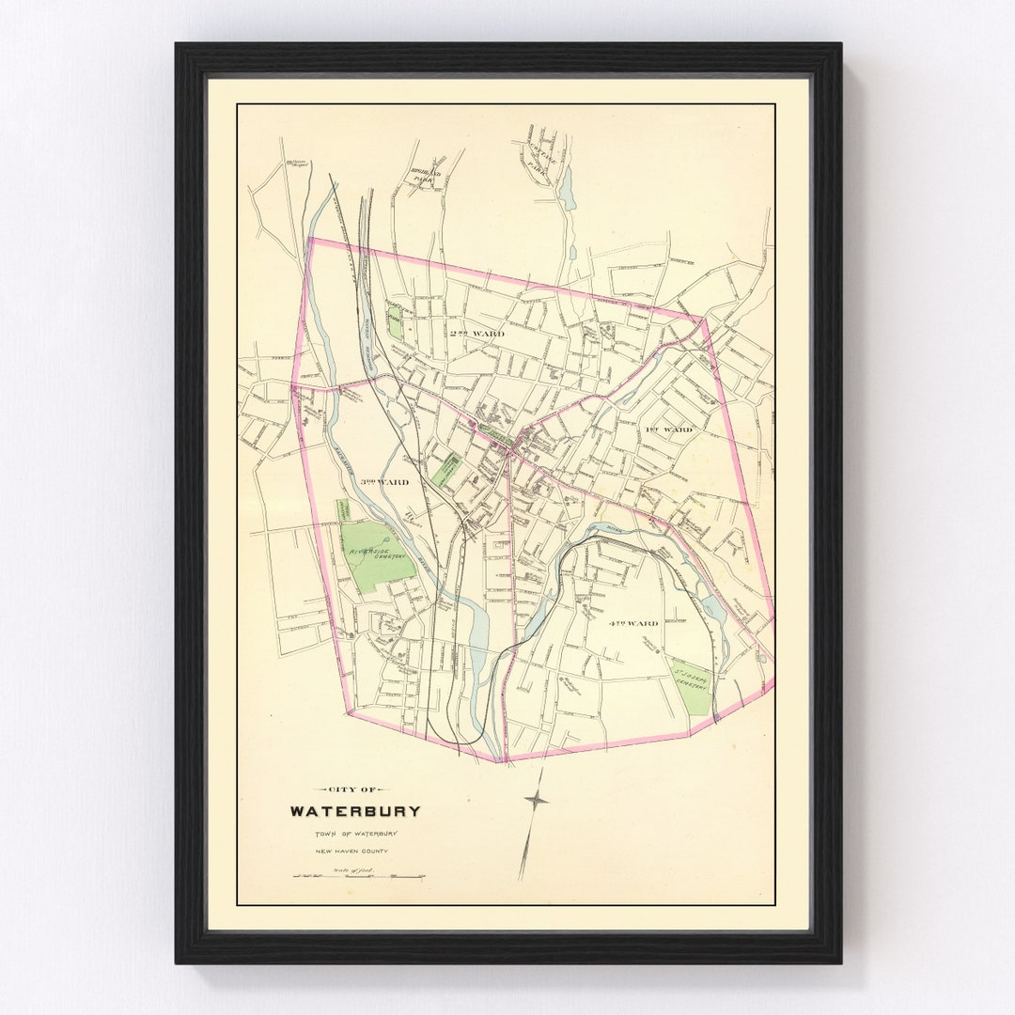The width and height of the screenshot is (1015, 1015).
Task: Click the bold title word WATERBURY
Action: point(354,811)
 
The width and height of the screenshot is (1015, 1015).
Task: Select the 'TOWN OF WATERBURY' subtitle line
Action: point(356,834)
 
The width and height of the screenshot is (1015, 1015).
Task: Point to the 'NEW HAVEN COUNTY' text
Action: point(352,851)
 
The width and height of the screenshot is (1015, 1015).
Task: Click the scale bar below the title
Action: point(358,875)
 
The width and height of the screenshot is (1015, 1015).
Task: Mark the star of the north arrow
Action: point(536,800)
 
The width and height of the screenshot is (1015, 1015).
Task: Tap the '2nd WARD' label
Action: point(476,334)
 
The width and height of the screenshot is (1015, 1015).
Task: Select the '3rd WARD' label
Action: point(384,481)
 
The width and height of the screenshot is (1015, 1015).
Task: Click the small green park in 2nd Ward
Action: point(395,321)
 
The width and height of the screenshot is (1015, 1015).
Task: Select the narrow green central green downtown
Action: point(494,434)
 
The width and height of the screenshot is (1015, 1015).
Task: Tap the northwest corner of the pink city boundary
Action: point(310,239)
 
